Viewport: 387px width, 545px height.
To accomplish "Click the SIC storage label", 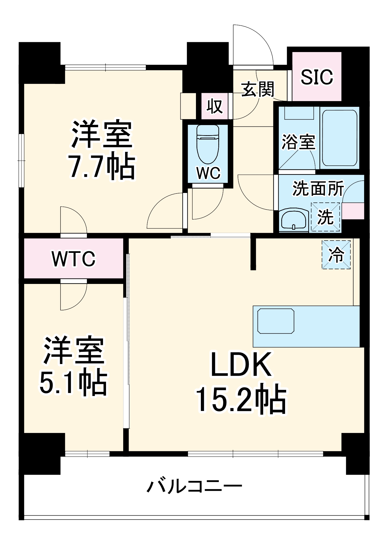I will coord(317,77).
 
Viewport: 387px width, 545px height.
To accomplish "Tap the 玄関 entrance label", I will coord(258,89).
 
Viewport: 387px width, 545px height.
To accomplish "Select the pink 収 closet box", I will coord(214,106).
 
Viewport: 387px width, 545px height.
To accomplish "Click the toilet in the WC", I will coord(208,144).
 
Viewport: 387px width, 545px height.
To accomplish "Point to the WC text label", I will coord(208,173).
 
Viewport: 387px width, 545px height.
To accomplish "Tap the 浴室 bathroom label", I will coord(298,142).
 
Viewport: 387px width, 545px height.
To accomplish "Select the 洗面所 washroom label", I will coord(318,188).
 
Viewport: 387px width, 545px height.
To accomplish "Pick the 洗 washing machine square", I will coord(325,217).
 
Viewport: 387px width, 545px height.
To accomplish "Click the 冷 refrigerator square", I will coord(336,255).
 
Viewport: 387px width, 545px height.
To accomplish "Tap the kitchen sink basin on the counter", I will coord(276,321).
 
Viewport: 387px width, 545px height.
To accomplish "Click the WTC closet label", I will coord(74,259).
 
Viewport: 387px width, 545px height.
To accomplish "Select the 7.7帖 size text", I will coord(102,167).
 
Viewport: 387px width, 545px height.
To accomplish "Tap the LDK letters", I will coord(241,365).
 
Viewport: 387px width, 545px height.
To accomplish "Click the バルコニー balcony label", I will coord(194,487).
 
